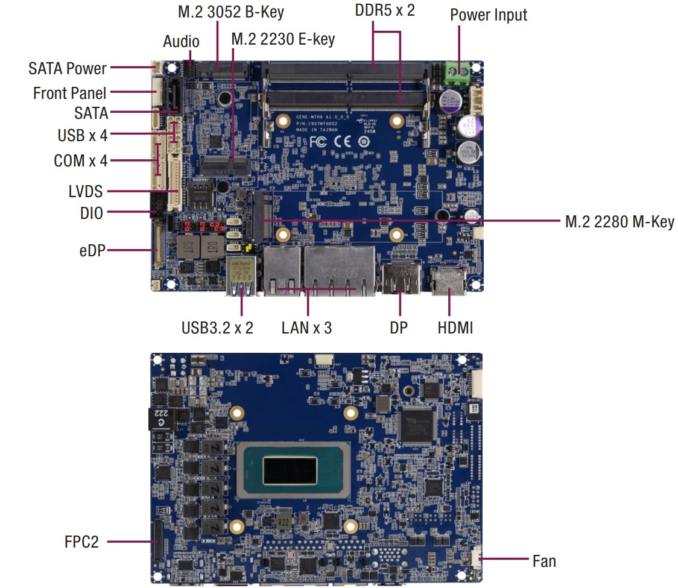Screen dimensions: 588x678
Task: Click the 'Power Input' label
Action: pyautogui.click(x=488, y=15)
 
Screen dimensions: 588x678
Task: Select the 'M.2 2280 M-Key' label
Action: pyautogui.click(x=619, y=222)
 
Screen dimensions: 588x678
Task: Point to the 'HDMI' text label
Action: pyautogui.click(x=455, y=328)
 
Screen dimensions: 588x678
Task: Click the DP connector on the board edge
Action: pyautogui.click(x=399, y=279)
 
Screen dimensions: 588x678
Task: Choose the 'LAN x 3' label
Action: pyautogui.click(x=306, y=328)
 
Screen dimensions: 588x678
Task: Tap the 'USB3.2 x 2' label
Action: pyautogui.click(x=217, y=328)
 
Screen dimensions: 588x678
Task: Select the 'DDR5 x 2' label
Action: pyautogui.click(x=385, y=10)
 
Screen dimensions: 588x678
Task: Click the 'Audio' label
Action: pyautogui.click(x=181, y=42)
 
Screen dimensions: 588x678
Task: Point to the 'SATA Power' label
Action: pyautogui.click(x=68, y=68)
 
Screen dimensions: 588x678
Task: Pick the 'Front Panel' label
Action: pyautogui.click(x=69, y=93)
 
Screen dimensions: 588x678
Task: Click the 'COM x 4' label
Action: pyautogui.click(x=80, y=161)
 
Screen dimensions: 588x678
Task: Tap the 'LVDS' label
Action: pyautogui.click(x=86, y=192)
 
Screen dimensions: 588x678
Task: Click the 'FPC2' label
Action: pyautogui.click(x=81, y=542)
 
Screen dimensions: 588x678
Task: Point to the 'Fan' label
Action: pyautogui.click(x=544, y=561)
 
